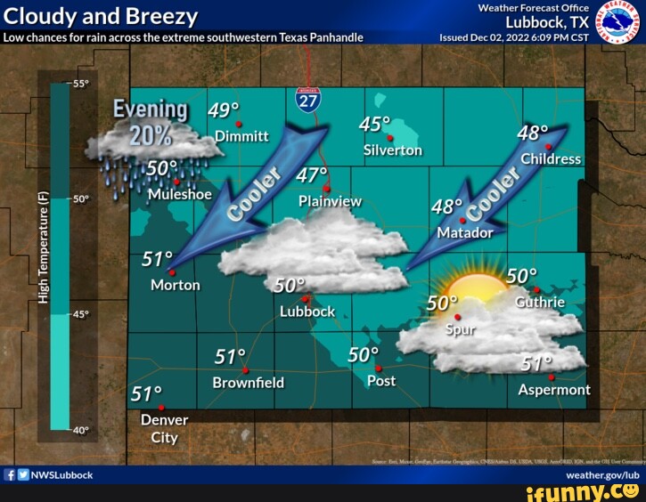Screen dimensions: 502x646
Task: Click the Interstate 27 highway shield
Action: [308, 99]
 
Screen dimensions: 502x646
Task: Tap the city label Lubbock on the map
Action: [307, 312]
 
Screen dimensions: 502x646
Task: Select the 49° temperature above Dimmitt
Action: [223, 111]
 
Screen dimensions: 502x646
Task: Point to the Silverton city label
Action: [393, 150]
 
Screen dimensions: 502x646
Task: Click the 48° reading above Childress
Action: [532, 134]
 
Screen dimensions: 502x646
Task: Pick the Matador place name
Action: [465, 233]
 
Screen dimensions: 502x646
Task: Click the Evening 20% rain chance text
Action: [151, 123]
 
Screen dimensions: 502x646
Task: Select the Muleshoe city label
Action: [180, 194]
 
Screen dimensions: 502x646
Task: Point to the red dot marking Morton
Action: [172, 272]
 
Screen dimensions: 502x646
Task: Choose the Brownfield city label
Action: [249, 383]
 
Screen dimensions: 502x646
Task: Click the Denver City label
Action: [165, 428]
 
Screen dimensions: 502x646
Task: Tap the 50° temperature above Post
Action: [364, 355]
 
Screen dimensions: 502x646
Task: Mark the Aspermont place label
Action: [554, 390]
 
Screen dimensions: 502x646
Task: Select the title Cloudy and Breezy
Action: [100, 17]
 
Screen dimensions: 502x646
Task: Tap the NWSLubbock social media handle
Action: [62, 475]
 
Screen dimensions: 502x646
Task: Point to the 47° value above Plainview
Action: [312, 174]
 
